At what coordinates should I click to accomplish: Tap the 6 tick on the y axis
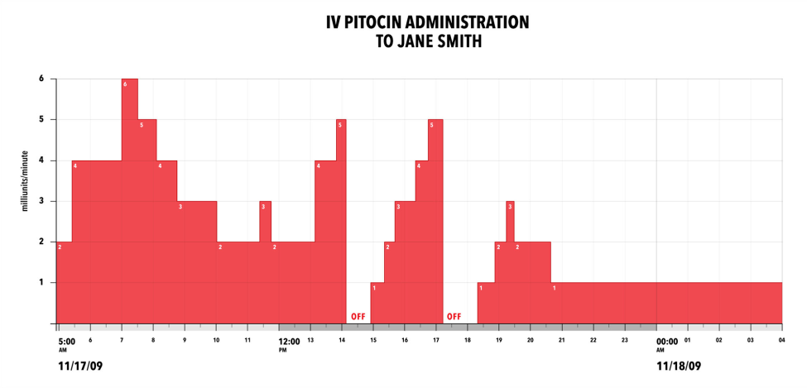[x=41, y=79]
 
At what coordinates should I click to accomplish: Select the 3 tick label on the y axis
[x=41, y=201]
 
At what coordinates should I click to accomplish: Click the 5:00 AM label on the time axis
[x=67, y=341]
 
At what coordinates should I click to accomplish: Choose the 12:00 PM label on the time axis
[x=289, y=341]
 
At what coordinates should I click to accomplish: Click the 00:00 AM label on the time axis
[x=666, y=341]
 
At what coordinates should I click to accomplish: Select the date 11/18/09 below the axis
[x=679, y=365]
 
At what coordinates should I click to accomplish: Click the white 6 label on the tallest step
[x=125, y=84]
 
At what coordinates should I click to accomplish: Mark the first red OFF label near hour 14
[x=358, y=316]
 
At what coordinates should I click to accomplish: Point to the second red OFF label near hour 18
[x=454, y=316]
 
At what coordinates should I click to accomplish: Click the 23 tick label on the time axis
[x=625, y=340]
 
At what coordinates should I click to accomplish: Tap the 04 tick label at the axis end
[x=781, y=340]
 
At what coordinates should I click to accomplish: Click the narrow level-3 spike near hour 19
[x=510, y=219]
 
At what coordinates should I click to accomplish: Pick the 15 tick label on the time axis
[x=373, y=340]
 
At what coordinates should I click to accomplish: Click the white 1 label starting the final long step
[x=554, y=288]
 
